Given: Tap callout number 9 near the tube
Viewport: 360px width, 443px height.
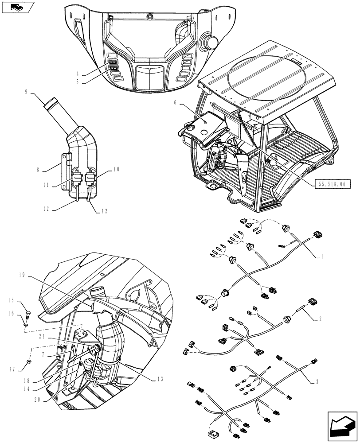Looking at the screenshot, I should point(26,92).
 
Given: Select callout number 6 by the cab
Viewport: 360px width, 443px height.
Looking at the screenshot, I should point(176,102).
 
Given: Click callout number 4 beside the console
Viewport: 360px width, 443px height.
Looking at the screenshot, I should point(78,74).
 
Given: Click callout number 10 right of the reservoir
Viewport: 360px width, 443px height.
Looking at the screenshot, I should point(117,169).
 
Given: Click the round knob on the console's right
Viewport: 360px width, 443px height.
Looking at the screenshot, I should point(210,41).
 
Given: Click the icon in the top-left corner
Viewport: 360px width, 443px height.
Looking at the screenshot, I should point(16,7).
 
